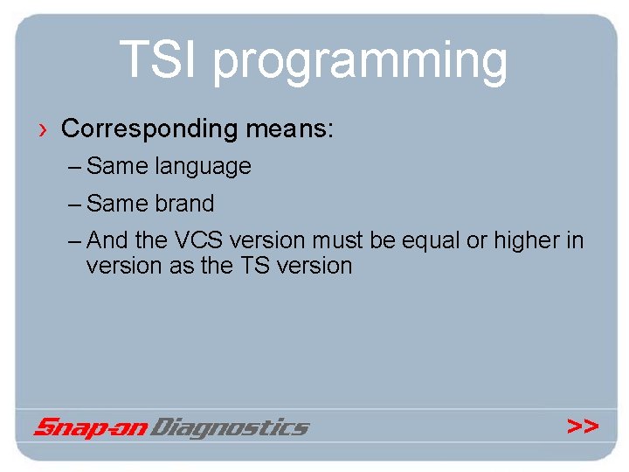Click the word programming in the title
360,63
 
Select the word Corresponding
149,130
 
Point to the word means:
289,129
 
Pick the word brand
184,204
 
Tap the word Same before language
118,166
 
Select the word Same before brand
118,204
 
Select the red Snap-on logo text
90,427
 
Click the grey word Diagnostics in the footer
231,427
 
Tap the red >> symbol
583,426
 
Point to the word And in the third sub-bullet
107,240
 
